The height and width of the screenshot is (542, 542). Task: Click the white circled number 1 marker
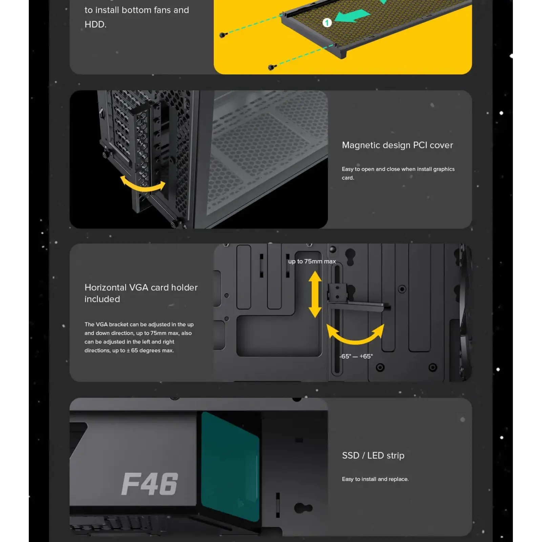click(x=327, y=23)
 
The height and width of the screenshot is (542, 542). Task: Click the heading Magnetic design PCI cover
click(x=397, y=145)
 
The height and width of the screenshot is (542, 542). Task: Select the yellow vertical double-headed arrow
click(x=315, y=294)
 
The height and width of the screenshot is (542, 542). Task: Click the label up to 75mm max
click(x=312, y=261)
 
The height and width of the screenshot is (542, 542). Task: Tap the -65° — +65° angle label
click(x=356, y=356)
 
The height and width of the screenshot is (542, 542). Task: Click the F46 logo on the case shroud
click(x=149, y=484)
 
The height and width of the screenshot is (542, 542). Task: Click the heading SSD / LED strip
click(x=373, y=455)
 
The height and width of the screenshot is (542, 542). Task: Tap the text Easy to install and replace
click(x=375, y=479)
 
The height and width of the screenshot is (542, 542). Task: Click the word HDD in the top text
click(x=95, y=24)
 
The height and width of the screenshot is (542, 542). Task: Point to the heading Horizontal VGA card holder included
click(x=141, y=293)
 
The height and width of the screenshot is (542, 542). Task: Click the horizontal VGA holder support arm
click(x=359, y=307)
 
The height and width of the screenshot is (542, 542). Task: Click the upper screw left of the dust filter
click(x=222, y=35)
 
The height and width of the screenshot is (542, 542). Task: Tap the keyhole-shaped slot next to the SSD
click(x=303, y=508)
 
